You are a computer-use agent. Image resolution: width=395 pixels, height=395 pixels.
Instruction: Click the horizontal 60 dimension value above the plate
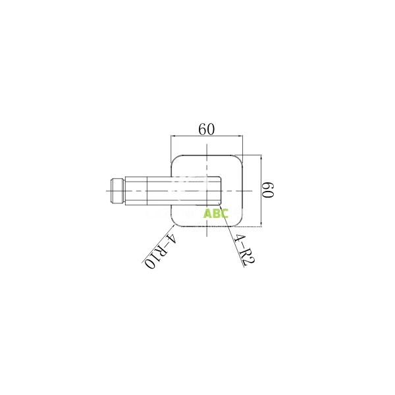(x=207, y=130)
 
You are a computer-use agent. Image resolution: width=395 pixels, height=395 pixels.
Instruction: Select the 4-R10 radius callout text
(x=159, y=250)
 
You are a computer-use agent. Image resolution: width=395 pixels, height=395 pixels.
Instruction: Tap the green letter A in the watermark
(x=207, y=213)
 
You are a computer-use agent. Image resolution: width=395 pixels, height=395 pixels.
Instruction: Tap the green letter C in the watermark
(x=224, y=213)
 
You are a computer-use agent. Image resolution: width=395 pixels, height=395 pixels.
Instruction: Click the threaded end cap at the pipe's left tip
(x=116, y=191)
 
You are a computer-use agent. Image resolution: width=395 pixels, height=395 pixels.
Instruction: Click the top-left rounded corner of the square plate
(x=175, y=160)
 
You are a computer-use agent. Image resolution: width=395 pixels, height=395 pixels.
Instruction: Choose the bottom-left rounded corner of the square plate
(x=175, y=222)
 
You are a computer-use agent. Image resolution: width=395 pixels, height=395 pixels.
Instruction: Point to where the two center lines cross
(x=207, y=191)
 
